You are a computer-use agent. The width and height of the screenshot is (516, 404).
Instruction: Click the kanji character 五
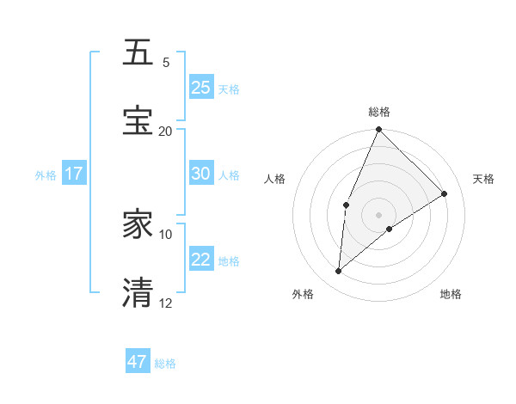click(138, 52)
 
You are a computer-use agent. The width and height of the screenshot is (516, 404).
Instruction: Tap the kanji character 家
click(138, 224)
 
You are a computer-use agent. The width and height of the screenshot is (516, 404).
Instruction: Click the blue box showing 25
click(201, 88)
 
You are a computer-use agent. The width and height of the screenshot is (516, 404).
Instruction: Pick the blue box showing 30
click(201, 174)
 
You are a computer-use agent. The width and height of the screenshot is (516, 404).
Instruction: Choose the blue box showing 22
click(201, 260)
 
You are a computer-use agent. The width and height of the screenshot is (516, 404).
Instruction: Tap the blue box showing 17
click(74, 174)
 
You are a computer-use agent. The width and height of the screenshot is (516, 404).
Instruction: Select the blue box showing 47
click(138, 362)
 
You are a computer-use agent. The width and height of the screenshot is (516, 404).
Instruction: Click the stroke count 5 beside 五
click(166, 63)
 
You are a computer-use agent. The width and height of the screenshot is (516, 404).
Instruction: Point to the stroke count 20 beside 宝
click(166, 131)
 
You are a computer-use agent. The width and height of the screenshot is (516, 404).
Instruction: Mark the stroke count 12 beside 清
click(166, 303)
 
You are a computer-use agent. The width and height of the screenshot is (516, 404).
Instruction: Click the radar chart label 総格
click(379, 112)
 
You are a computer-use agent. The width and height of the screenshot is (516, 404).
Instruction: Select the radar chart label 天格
click(484, 179)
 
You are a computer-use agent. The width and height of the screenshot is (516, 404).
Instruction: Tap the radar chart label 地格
click(451, 295)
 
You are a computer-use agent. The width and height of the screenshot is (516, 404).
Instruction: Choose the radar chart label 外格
click(303, 295)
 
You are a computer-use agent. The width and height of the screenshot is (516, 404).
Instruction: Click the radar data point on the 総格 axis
click(378, 130)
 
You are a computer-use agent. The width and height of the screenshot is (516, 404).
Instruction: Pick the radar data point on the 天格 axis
click(445, 193)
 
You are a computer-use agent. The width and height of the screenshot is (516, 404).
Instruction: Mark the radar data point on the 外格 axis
click(339, 272)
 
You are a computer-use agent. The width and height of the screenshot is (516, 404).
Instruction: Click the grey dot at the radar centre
click(378, 214)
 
